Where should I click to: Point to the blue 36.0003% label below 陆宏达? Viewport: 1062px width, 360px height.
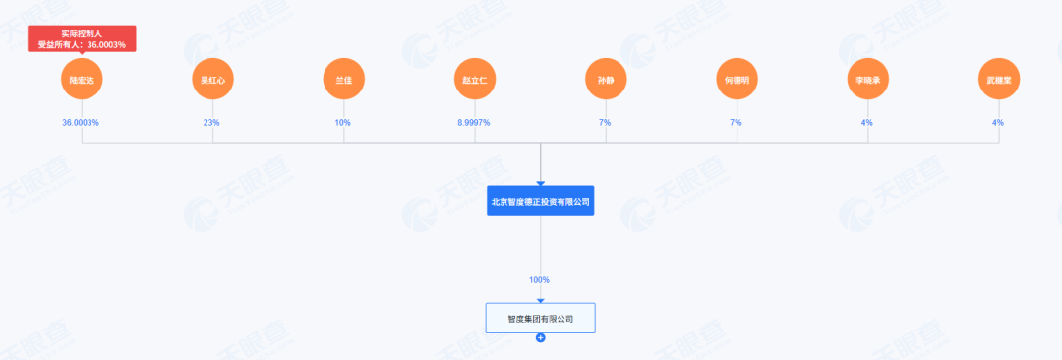82,123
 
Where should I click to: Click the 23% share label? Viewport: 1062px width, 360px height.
213,123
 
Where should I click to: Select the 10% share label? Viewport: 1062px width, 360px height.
344,123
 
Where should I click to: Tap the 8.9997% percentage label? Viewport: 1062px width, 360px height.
474,123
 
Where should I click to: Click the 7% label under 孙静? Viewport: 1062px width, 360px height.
606,123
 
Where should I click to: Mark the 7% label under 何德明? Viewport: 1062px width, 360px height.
737,123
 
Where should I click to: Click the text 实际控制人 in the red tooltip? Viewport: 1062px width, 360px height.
82,33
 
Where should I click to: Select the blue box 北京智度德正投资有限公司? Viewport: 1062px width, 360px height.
541,201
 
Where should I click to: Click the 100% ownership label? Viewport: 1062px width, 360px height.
540,280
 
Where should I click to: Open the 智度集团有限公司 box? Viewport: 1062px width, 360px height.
541,319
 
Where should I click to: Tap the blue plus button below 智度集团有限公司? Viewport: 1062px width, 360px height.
541,338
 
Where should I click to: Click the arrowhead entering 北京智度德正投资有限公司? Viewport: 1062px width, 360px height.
541,183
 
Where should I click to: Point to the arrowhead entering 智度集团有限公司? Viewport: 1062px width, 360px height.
541,300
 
